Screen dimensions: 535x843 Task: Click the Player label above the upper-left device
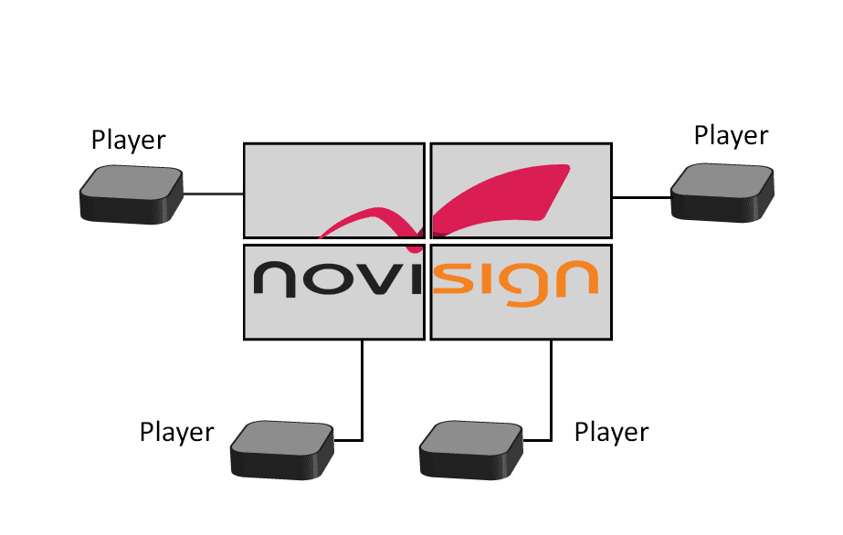pyautogui.click(x=129, y=141)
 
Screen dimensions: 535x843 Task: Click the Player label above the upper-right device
pyautogui.click(x=732, y=136)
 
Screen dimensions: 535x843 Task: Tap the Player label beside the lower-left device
pyautogui.click(x=177, y=432)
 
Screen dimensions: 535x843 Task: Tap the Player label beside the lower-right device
pyautogui.click(x=612, y=432)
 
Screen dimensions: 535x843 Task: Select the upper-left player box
pyautogui.click(x=131, y=194)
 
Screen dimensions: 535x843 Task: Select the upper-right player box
pyautogui.click(x=722, y=192)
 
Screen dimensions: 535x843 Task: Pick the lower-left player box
pyautogui.click(x=282, y=448)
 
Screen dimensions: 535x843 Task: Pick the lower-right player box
pyautogui.click(x=470, y=449)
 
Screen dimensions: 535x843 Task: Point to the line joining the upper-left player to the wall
pyautogui.click(x=213, y=194)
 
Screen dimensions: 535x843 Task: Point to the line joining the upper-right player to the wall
pyautogui.click(x=641, y=196)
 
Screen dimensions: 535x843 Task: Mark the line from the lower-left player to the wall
pyautogui.click(x=363, y=393)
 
